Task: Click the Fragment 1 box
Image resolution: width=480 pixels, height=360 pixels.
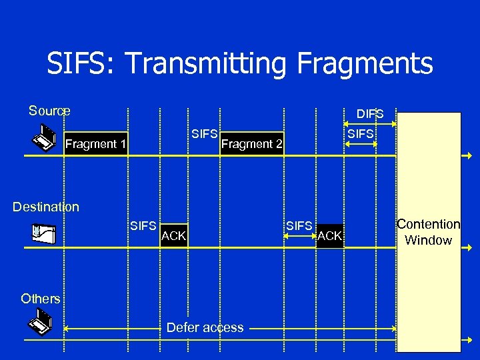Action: tap(95, 143)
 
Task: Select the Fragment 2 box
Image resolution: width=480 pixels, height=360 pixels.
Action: tap(252, 143)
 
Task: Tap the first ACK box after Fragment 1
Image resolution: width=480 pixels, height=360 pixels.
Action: tap(174, 235)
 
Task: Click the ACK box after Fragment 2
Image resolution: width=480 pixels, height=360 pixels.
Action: tap(330, 235)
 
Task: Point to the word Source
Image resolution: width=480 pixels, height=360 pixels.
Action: tap(49, 111)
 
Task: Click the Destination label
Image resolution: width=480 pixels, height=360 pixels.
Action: tap(46, 207)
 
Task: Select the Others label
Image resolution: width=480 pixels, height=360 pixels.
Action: tap(40, 298)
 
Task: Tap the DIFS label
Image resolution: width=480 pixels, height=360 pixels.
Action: tap(370, 114)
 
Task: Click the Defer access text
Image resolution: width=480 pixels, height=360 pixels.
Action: tap(205, 327)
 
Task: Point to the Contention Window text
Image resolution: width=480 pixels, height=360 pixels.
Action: tap(429, 232)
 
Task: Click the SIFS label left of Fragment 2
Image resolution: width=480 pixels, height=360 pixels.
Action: tap(205, 134)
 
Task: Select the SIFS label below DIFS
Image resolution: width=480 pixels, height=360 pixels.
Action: tap(361, 134)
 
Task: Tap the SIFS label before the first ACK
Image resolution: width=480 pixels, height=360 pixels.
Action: tap(143, 226)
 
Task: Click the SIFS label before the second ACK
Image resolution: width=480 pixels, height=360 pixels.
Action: tap(299, 226)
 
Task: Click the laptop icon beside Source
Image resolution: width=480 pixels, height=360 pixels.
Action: tap(44, 138)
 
